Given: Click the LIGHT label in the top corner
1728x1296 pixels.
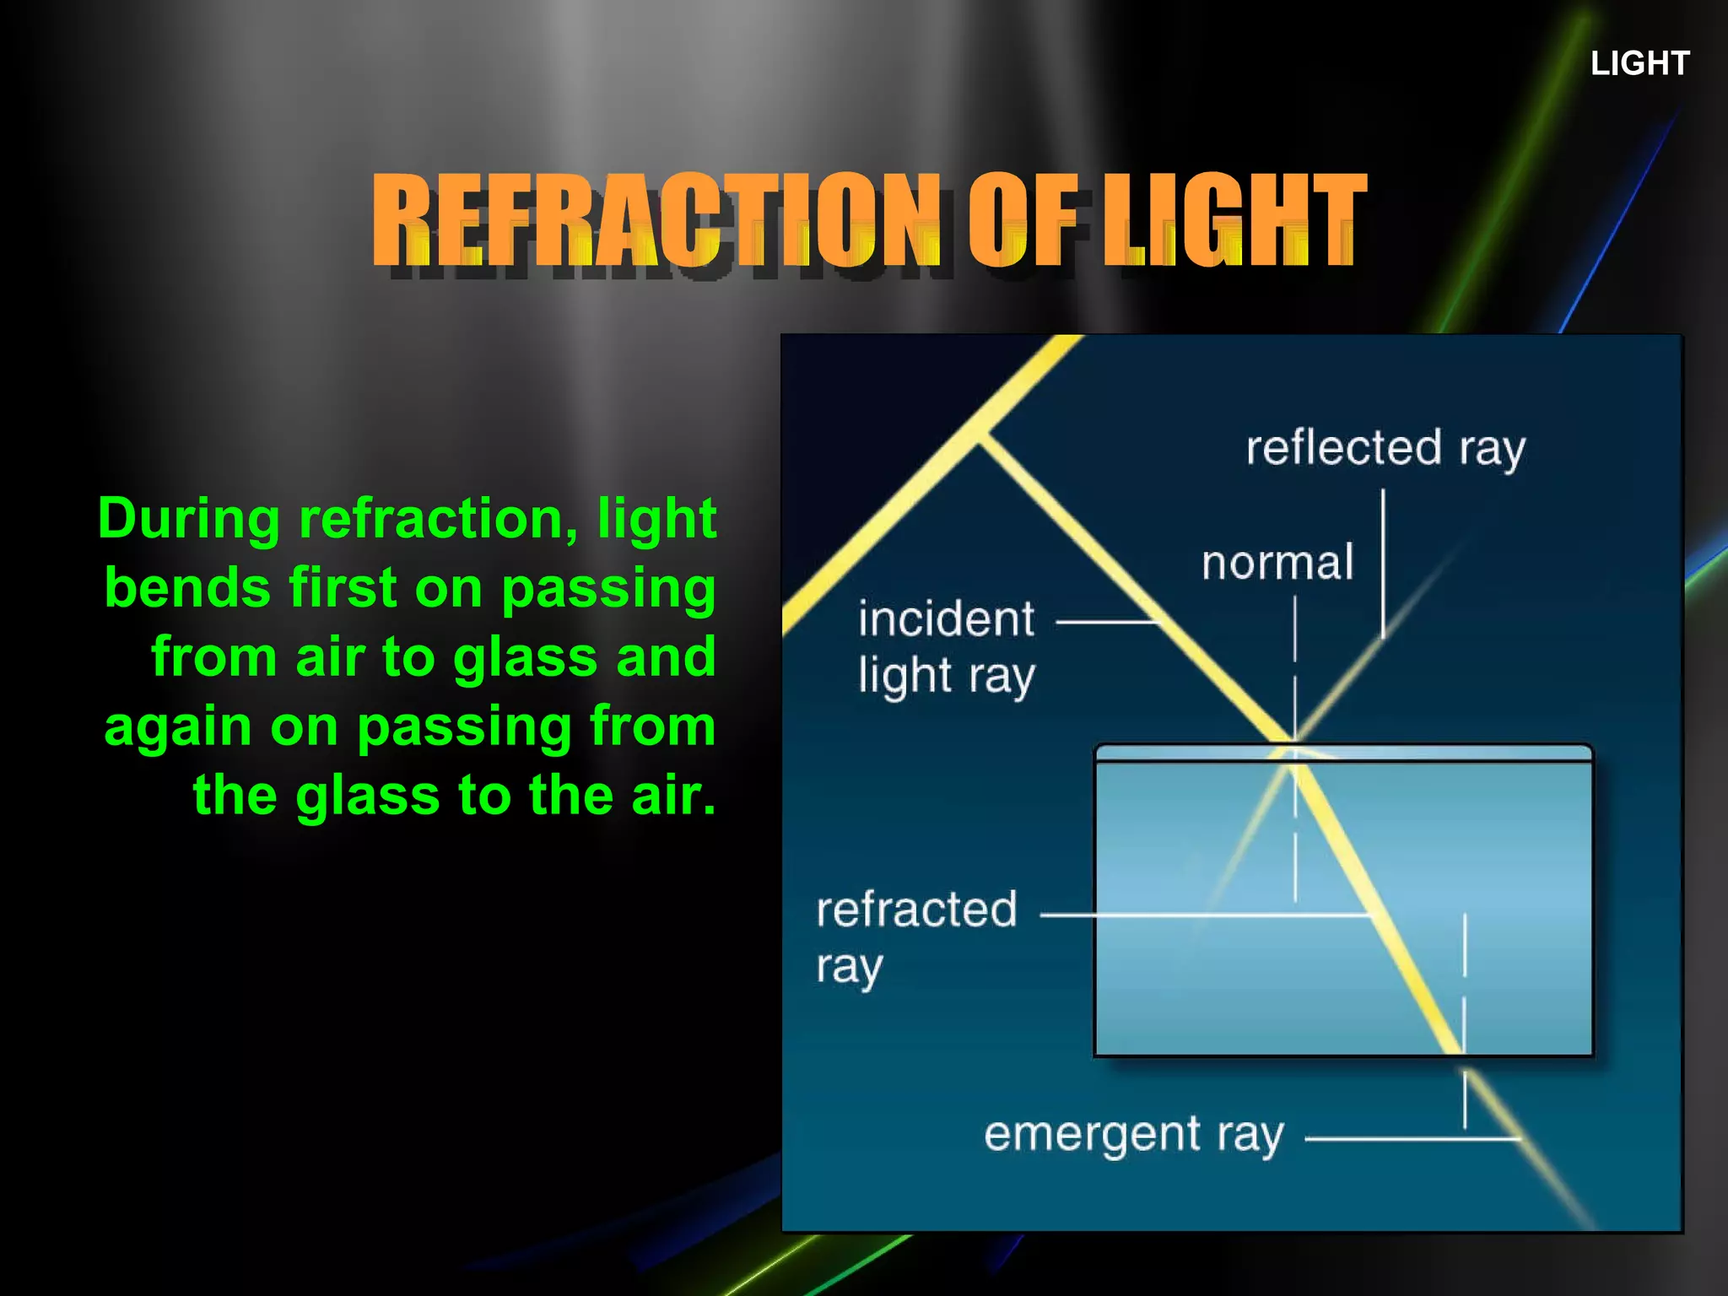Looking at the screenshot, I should (1639, 63).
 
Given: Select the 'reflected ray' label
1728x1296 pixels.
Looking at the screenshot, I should (1385, 448).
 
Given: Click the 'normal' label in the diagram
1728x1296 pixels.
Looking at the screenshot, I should (1277, 563).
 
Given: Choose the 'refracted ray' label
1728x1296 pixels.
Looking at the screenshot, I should (916, 936).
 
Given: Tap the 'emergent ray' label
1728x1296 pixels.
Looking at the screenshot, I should (1133, 1135).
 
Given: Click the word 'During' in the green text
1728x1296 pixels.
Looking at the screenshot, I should (188, 518).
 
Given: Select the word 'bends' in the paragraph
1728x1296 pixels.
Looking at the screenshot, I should (187, 587).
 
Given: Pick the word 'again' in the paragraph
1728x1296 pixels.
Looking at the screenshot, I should (177, 726).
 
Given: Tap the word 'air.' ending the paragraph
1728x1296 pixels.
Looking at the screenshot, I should (673, 795).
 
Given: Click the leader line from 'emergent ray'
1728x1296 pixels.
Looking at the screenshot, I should (1411, 1138).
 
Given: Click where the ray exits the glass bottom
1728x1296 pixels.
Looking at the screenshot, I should (1463, 1055).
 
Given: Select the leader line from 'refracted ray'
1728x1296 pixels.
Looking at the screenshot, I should (1207, 915).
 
